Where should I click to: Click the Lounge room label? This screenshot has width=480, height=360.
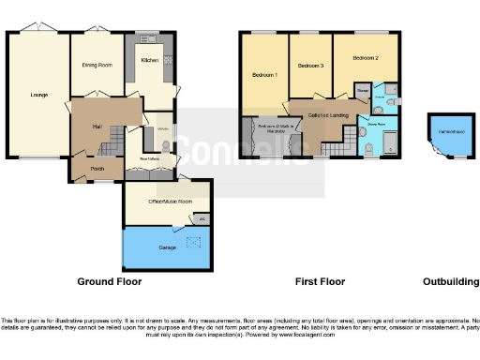point(39,95)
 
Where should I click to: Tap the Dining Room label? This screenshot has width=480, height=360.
point(97,65)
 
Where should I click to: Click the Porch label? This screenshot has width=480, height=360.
point(96,169)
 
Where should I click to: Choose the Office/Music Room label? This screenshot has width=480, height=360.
point(156,202)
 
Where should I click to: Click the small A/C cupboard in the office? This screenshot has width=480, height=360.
point(202,219)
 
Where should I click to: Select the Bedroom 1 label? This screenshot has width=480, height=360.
point(263,74)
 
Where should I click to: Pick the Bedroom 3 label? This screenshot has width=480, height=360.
point(310,67)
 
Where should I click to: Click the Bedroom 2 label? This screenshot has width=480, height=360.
point(366,58)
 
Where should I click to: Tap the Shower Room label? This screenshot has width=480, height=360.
point(376,123)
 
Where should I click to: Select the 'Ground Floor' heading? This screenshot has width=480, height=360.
point(109,281)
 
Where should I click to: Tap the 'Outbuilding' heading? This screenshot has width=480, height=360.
point(444,281)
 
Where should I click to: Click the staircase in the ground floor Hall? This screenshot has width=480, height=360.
point(114,141)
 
